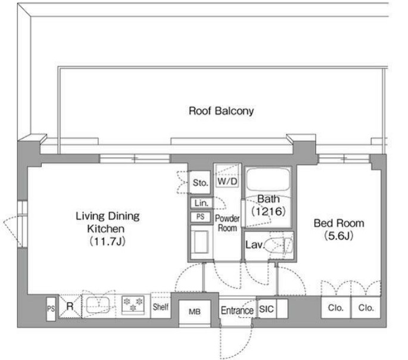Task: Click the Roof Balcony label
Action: click(221, 111)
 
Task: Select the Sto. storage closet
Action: click(200, 182)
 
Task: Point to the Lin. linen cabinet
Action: click(201, 203)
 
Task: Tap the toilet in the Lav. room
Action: click(282, 245)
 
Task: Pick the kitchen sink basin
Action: click(98, 305)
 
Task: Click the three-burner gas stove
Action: click(133, 305)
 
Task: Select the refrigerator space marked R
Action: click(70, 306)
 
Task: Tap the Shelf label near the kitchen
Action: click(161, 307)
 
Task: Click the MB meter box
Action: click(195, 312)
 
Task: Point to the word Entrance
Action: click(237, 311)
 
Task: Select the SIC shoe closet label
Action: click(266, 309)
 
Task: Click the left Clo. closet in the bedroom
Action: click(336, 308)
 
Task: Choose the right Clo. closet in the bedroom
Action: click(366, 308)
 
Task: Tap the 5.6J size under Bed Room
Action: click(338, 236)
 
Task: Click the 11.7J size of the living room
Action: click(107, 241)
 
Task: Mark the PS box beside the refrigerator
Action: click(51, 309)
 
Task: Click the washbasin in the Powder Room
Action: click(200, 242)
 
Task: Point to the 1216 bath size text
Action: click(269, 211)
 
